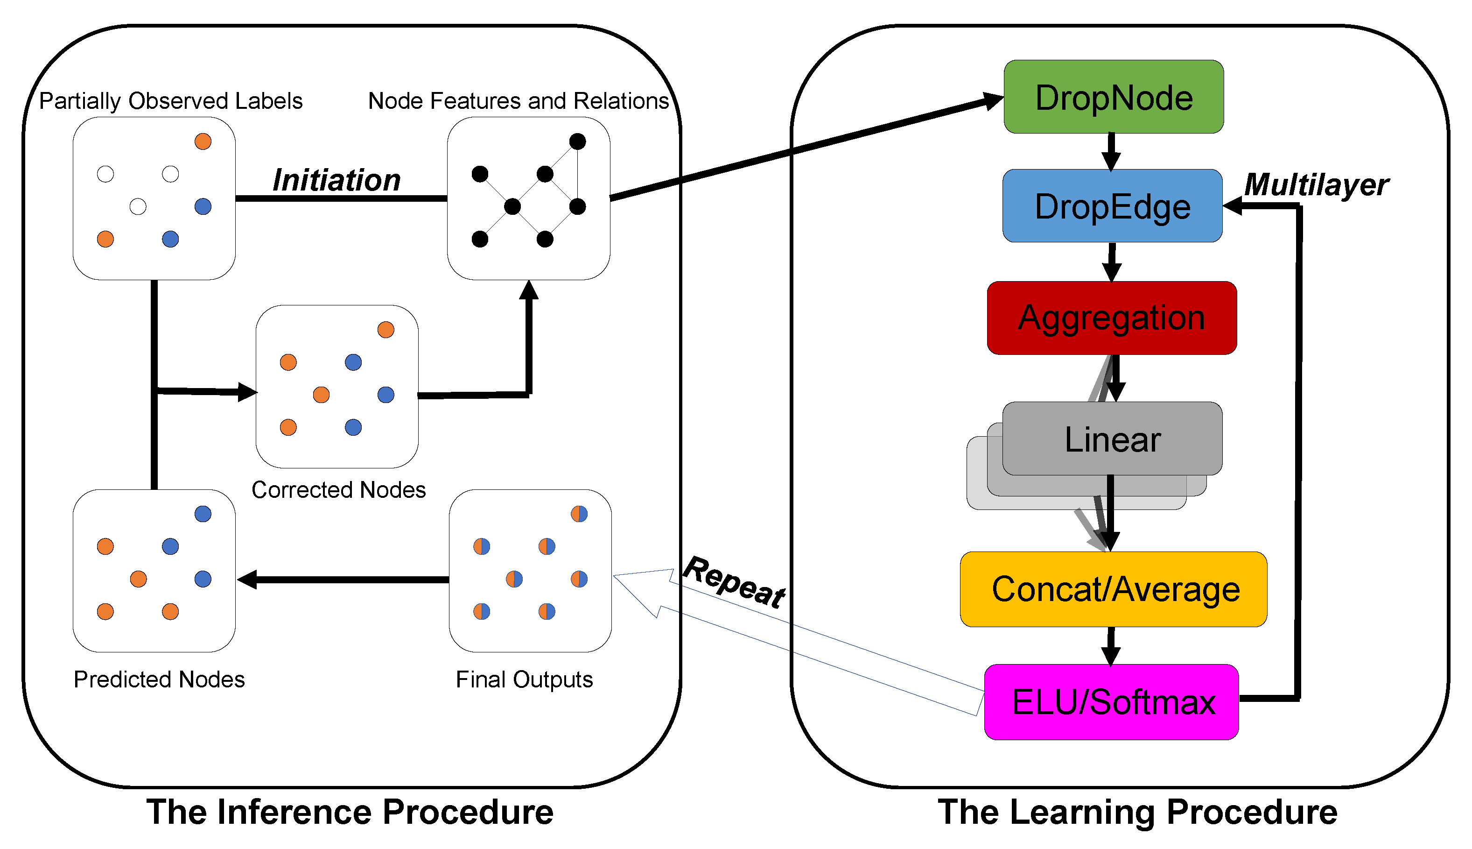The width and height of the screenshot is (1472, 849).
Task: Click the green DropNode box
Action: (1113, 97)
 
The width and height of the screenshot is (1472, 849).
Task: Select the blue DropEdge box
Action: (1112, 206)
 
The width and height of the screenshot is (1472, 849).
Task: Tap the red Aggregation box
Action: (1111, 318)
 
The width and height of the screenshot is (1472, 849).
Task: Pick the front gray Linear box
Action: (1112, 439)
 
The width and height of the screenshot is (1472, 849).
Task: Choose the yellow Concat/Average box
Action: (1113, 589)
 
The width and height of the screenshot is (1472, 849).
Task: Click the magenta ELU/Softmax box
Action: (1111, 701)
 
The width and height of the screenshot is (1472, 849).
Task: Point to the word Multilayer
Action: (1316, 185)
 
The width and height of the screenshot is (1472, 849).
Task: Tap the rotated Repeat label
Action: (734, 582)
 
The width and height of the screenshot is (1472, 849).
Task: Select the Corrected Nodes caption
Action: (338, 490)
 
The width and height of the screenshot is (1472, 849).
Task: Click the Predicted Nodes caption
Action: (159, 679)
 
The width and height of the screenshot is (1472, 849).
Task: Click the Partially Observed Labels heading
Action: (170, 101)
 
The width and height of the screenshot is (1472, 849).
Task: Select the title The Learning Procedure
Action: (1137, 812)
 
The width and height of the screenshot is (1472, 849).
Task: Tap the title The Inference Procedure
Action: (350, 812)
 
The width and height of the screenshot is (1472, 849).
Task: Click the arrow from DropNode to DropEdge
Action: (1111, 151)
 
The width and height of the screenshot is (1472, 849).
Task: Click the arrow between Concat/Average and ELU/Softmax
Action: (1111, 645)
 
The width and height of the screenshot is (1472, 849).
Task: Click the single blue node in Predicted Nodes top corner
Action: (203, 514)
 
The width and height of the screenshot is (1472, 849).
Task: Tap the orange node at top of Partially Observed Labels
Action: (203, 141)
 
